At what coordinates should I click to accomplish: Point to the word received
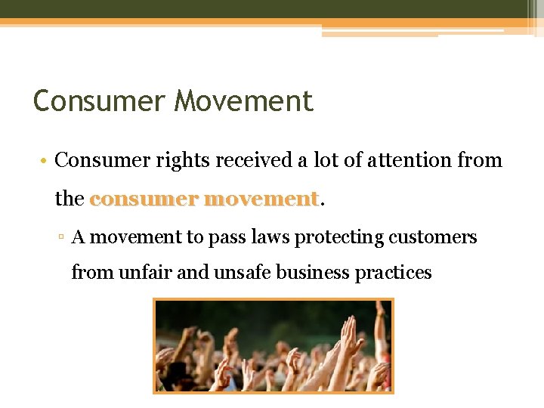click(256, 160)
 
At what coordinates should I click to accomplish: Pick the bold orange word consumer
click(144, 199)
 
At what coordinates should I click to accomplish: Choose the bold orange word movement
click(261, 199)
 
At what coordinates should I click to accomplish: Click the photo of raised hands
click(273, 345)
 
